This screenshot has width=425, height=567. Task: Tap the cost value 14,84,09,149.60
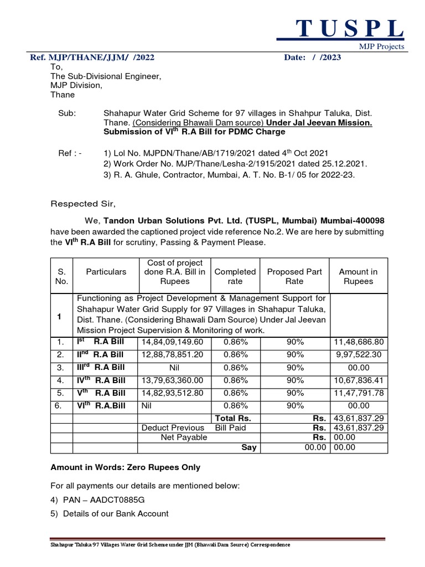click(173, 342)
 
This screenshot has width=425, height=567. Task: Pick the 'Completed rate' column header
click(235, 276)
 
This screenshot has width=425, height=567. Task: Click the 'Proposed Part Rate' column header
click(294, 276)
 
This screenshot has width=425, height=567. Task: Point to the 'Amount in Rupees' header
click(358, 276)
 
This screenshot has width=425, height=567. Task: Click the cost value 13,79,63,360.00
click(173, 380)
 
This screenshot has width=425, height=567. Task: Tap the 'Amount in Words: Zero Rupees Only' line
click(126, 467)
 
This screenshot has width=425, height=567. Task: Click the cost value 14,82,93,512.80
click(173, 393)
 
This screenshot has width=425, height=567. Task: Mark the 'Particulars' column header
click(106, 272)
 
